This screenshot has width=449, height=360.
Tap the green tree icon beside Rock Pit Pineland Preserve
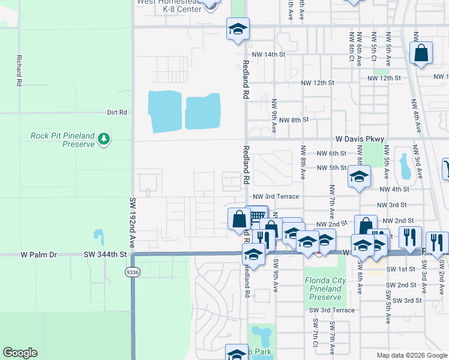click(104, 139)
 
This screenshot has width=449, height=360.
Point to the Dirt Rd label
click(117, 112)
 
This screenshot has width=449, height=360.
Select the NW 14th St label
click(268, 55)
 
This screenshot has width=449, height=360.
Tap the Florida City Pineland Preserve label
click(324, 289)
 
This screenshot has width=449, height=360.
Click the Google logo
click(20, 353)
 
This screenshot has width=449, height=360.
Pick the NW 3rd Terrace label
click(276, 196)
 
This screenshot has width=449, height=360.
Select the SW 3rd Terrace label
click(332, 310)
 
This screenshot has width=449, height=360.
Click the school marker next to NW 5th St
click(359, 177)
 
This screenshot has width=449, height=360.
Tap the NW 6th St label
click(331, 154)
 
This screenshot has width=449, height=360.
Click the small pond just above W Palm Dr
click(98, 235)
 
